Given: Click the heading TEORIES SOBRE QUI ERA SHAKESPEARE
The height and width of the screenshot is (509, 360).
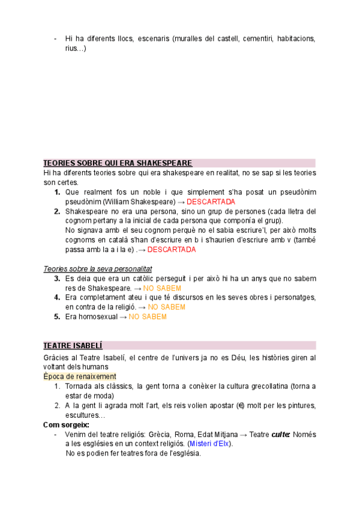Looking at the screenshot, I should (118, 163).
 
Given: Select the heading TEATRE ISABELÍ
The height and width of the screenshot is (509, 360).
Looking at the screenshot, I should (73, 346).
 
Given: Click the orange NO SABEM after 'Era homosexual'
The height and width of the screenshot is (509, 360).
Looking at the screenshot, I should (147, 317).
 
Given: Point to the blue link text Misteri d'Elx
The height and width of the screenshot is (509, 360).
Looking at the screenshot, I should (211, 444).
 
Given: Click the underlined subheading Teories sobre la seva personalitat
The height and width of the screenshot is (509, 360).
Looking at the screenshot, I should (98, 269).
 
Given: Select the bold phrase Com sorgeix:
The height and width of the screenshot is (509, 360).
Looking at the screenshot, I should (65, 424).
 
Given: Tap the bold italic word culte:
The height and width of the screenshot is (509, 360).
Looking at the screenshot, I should (281, 434).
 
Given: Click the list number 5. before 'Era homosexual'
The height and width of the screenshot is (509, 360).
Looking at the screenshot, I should (57, 317).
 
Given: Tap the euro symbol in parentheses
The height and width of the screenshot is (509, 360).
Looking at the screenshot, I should (241, 405).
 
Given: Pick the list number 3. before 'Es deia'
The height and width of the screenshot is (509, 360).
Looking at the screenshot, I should (57, 279).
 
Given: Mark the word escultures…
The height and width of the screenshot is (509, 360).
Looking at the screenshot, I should (85, 415).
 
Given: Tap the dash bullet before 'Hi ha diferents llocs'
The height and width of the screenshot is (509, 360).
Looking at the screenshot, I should (55, 39).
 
